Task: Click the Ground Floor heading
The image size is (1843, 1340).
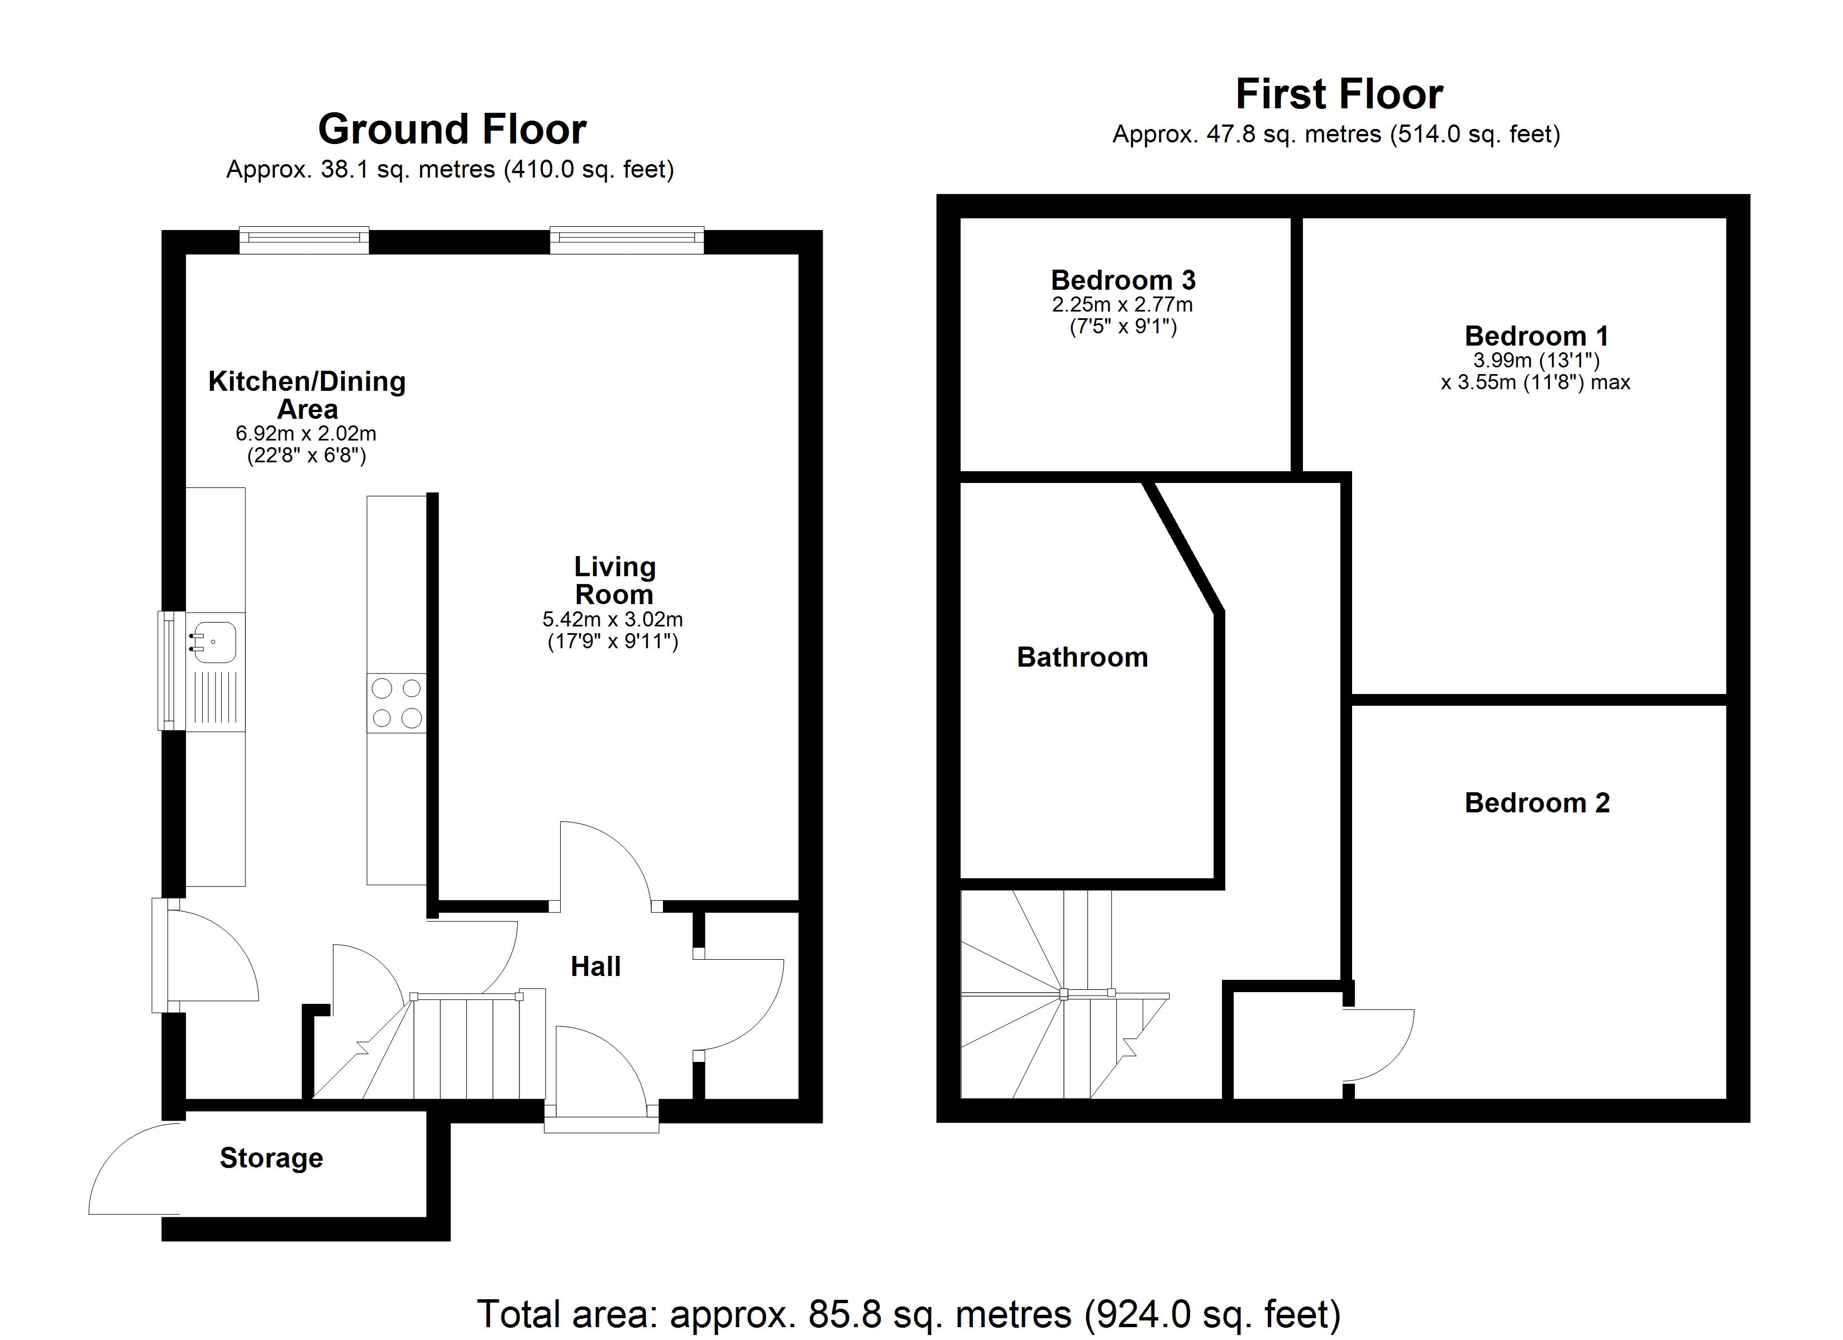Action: coord(452,129)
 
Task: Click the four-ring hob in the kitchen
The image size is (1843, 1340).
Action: coord(397,703)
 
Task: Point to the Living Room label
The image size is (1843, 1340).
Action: coord(614,580)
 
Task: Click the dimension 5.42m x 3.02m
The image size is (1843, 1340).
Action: coord(613,619)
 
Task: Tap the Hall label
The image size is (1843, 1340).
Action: coord(596,966)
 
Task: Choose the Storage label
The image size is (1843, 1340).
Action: coord(271,1157)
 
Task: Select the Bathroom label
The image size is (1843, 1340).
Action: coord(1082,657)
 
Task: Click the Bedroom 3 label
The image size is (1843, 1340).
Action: coord(1123,280)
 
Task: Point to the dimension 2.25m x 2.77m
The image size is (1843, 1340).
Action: coord(1122,305)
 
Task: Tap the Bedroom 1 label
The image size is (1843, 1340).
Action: coord(1536,336)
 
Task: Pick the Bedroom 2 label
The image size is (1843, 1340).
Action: coord(1536,803)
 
